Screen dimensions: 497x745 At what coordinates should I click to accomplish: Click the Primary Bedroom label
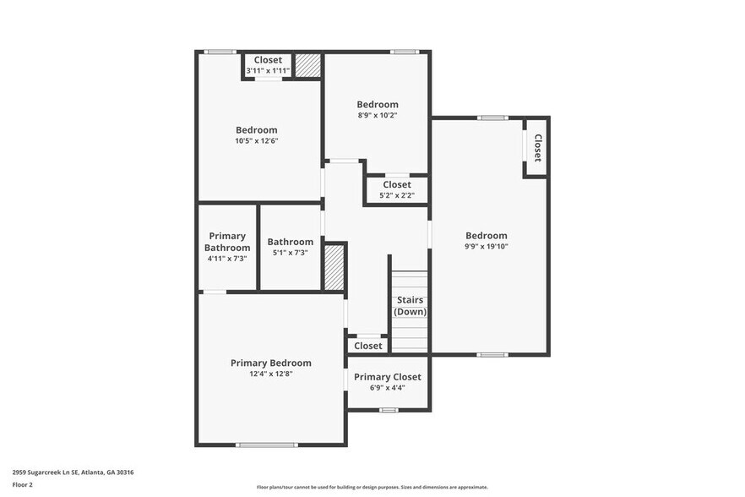[x=270, y=363]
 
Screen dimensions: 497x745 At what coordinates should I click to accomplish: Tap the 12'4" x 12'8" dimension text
[x=270, y=374]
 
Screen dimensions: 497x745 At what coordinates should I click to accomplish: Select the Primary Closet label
[x=387, y=377]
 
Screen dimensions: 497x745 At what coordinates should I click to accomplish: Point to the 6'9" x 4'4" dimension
[x=387, y=388]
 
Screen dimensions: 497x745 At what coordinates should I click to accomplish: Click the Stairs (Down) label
[x=411, y=305]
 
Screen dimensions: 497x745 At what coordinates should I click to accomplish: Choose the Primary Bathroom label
[x=227, y=242]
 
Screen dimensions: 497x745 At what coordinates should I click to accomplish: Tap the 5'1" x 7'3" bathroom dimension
[x=290, y=253]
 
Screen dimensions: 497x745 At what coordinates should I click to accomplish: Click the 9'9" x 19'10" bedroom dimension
[x=487, y=247]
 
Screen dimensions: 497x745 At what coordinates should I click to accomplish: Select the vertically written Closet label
[x=537, y=148]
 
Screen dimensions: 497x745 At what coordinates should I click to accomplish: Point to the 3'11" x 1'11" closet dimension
[x=268, y=71]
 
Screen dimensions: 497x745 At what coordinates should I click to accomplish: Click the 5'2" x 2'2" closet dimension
[x=396, y=195]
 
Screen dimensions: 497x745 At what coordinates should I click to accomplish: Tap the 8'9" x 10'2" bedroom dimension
[x=377, y=116]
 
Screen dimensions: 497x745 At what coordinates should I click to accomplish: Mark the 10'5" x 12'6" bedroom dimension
[x=256, y=141]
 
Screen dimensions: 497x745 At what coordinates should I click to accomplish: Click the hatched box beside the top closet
[x=307, y=66]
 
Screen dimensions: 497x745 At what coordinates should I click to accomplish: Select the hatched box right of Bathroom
[x=334, y=268]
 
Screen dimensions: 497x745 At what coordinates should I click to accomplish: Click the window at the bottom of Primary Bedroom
[x=266, y=445]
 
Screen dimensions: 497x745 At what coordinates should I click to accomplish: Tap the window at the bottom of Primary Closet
[x=388, y=410]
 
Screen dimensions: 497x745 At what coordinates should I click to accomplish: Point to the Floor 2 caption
[x=22, y=485]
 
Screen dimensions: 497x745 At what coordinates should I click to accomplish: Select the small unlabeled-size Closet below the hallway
[x=367, y=346]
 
